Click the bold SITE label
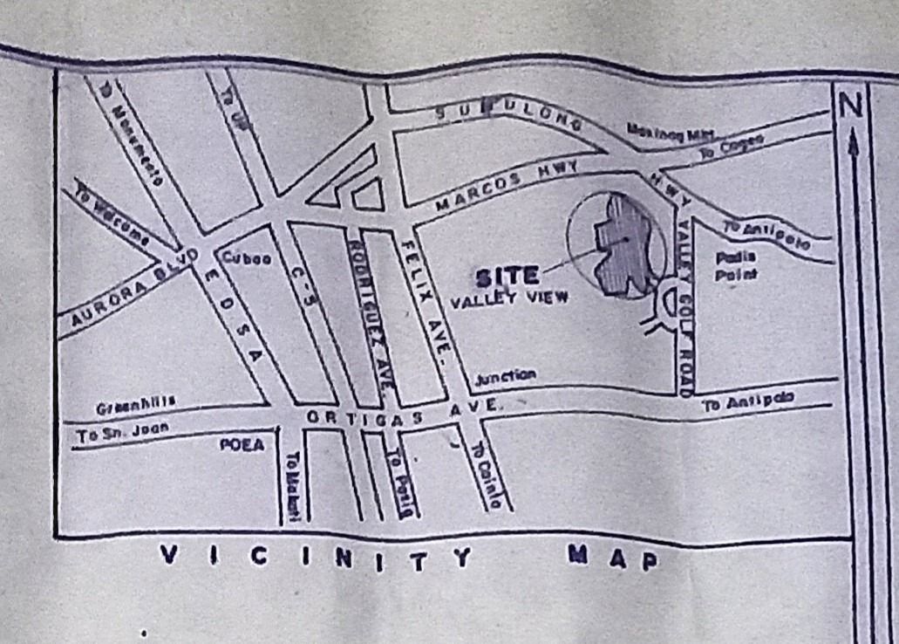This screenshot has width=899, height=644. tap(507, 277)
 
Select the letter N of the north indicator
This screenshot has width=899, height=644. tap(851, 106)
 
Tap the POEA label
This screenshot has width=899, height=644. tap(241, 444)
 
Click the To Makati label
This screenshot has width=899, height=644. tap(294, 487)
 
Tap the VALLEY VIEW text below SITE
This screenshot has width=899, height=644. tap(509, 298)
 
